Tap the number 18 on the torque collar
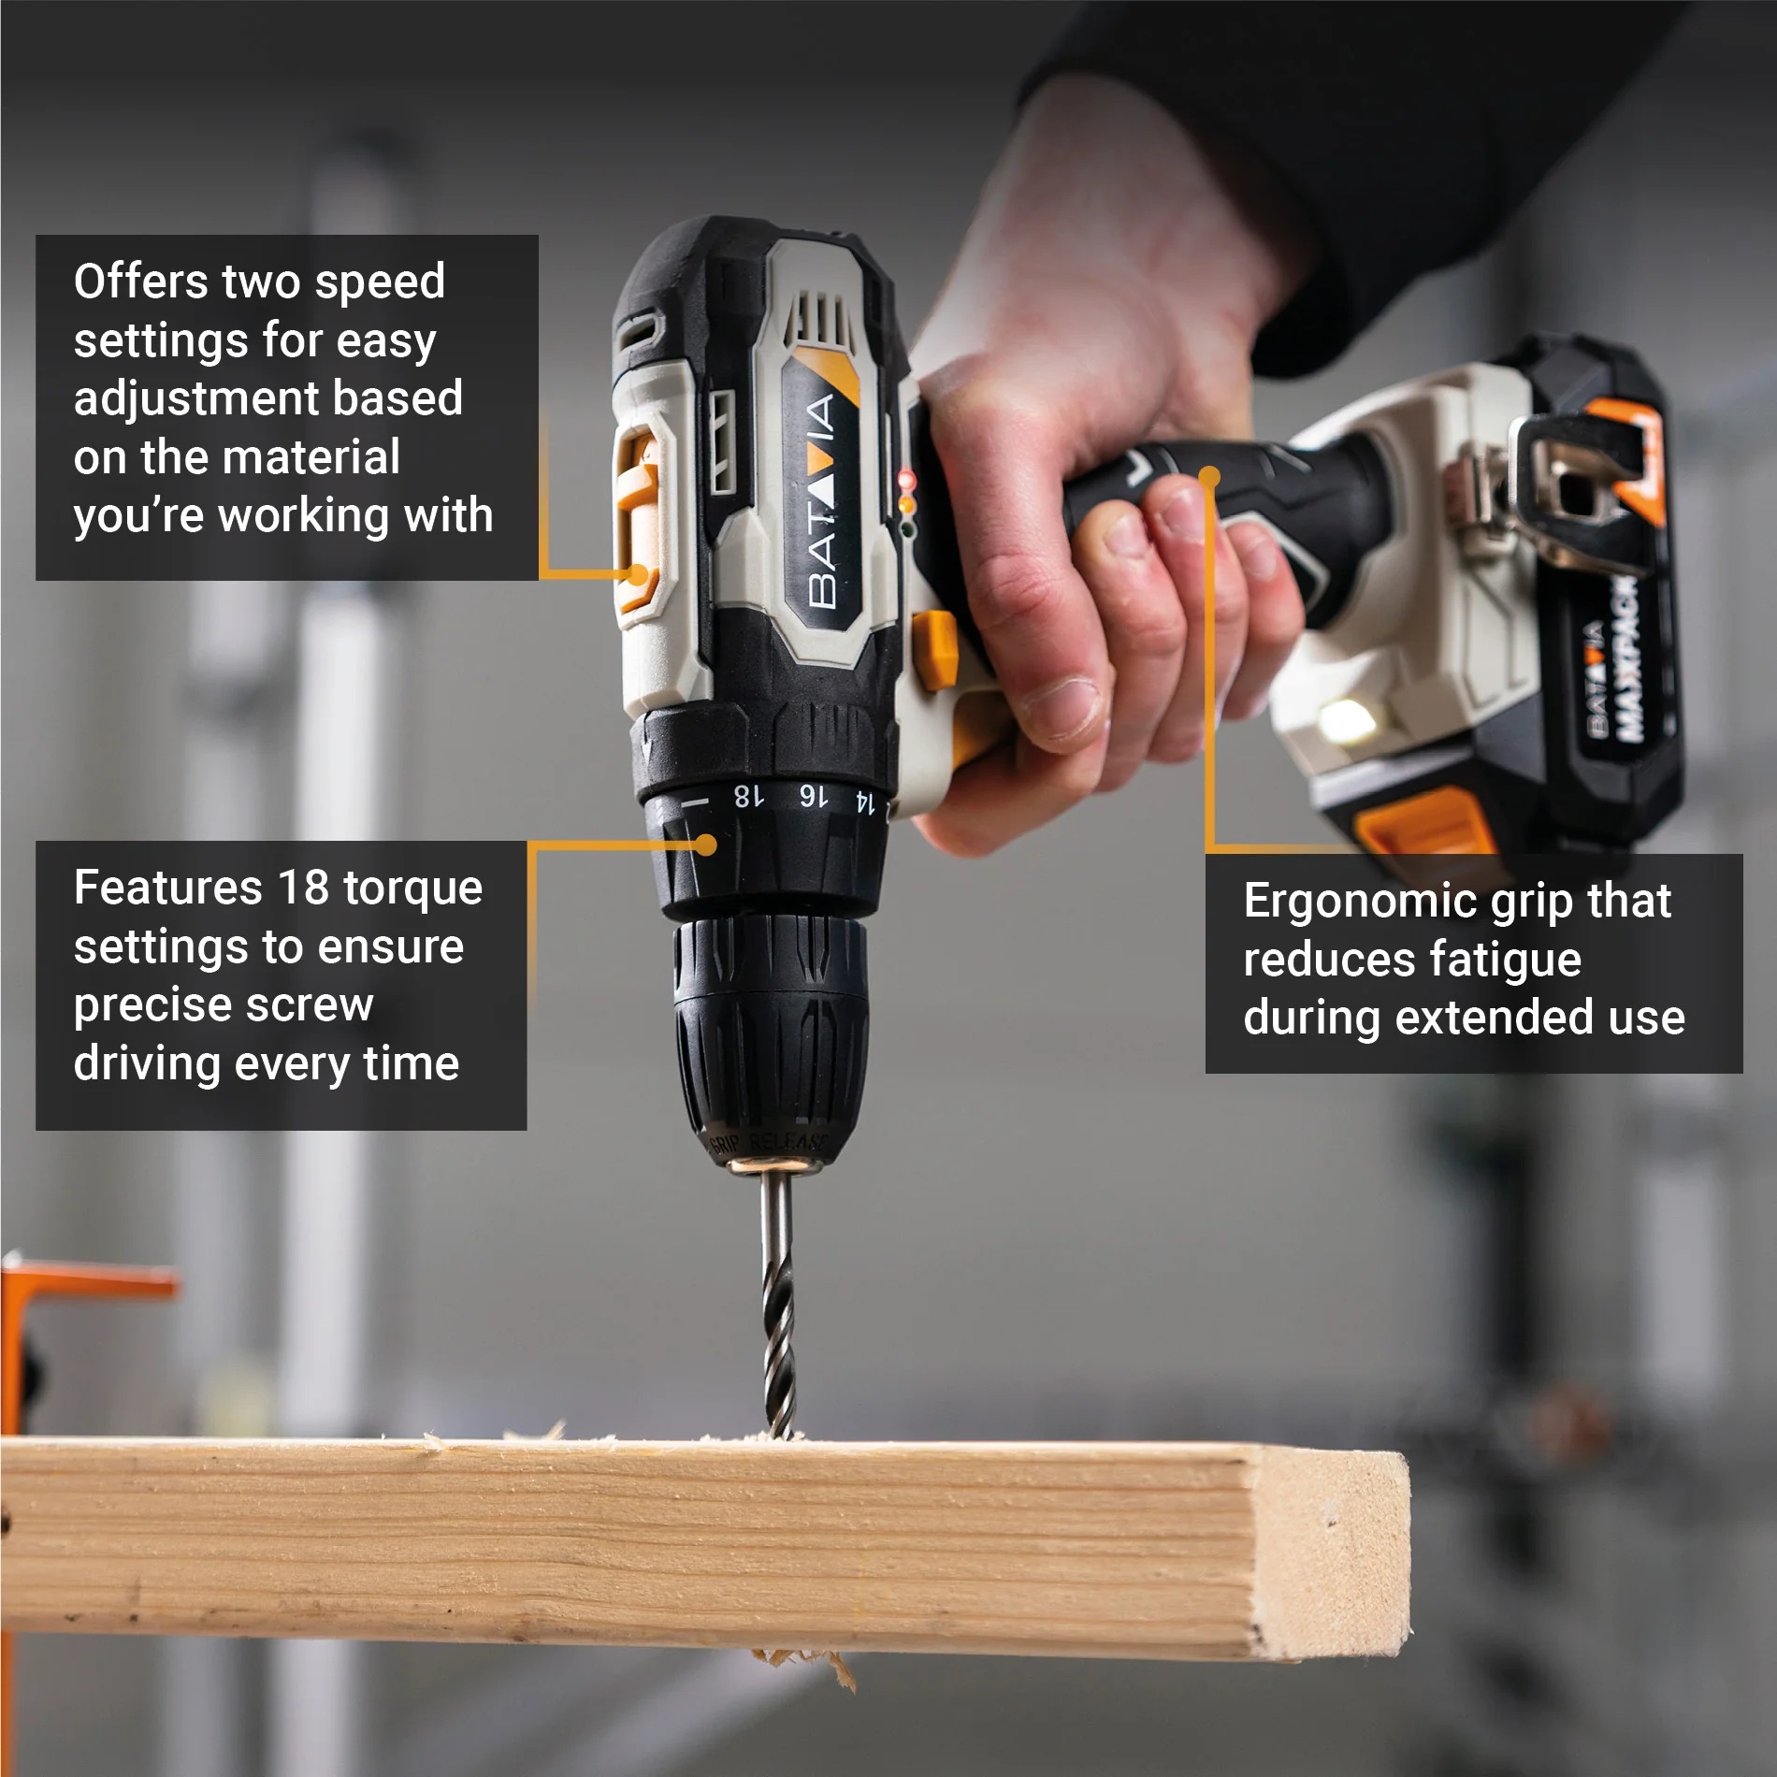pos(747,796)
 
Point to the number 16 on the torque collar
pos(813,797)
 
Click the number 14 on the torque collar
pos(865,802)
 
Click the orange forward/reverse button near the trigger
pos(936,649)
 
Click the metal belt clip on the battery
pos(1571,486)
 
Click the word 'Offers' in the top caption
pos(140,282)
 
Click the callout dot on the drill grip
pos(1209,477)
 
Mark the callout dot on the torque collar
pos(707,845)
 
